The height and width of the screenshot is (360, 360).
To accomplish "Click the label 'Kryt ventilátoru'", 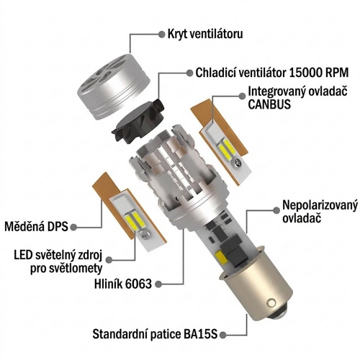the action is point(205,34).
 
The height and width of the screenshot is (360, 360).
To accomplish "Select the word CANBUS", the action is point(269,104).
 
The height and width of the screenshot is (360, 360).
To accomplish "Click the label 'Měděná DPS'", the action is point(37,227).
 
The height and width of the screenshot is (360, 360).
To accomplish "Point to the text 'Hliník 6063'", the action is point(123,284).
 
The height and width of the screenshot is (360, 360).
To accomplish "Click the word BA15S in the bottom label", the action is point(201,334).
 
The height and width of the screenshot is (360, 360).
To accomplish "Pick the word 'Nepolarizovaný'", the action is point(320,207).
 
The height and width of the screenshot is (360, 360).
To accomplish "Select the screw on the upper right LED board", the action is point(236,163).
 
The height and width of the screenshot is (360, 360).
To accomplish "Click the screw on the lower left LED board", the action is point(145,235).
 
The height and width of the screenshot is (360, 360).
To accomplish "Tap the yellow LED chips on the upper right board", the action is point(227,148).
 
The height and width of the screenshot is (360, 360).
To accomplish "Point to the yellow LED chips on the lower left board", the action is point(132,220).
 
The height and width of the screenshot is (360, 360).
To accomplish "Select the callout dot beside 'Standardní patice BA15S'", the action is point(222,334).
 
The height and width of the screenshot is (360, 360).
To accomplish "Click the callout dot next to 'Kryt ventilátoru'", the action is point(162,34).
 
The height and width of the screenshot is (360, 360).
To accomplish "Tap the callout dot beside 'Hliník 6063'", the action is point(158,284).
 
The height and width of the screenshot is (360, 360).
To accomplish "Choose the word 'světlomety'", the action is point(76,269).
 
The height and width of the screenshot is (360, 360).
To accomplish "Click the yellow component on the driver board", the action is point(220,257).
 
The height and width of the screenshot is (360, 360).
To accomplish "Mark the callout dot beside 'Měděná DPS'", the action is point(74,227).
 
